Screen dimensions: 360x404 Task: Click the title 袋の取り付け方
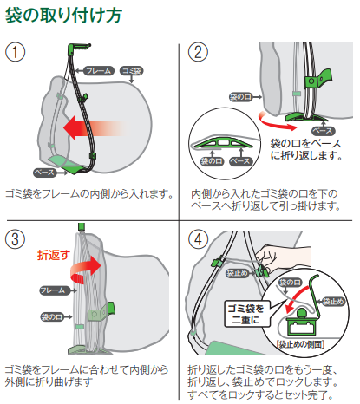point(63,15)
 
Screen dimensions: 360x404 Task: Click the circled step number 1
point(15,52)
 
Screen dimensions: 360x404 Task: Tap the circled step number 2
point(198,52)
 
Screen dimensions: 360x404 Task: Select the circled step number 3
point(15,239)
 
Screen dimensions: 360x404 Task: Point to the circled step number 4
point(198,239)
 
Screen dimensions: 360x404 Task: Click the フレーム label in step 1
point(99,71)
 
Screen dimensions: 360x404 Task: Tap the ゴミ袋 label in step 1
point(132,71)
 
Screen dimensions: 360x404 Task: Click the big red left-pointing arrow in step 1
point(94,128)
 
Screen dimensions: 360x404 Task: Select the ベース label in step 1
point(44,173)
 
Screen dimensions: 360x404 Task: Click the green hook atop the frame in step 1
point(77,47)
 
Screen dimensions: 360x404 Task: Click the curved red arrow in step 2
point(275,121)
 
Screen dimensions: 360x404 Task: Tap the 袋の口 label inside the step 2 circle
point(212,161)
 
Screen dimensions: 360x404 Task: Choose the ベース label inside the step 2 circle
point(241,161)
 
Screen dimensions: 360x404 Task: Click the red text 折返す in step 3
point(54,255)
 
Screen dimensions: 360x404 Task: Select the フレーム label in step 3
point(54,290)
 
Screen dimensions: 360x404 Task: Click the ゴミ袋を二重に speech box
point(246,314)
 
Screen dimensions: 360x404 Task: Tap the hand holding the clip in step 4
point(285,258)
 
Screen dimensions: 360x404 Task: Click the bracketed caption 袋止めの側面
point(300,344)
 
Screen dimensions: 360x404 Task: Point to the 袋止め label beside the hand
point(237,273)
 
